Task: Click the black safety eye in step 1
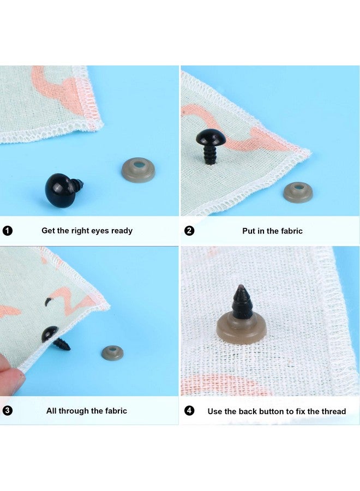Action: pyautogui.click(x=63, y=189)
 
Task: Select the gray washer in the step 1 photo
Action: pyautogui.click(x=139, y=170)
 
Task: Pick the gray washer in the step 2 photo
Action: pyautogui.click(x=298, y=192)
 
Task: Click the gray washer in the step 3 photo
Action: pyautogui.click(x=112, y=352)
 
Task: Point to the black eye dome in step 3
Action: pyautogui.click(x=50, y=334)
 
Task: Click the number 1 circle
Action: pyautogui.click(x=8, y=231)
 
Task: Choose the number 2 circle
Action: pyautogui.click(x=189, y=231)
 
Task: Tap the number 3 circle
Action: pyautogui.click(x=8, y=410)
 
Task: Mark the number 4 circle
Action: pyautogui.click(x=189, y=410)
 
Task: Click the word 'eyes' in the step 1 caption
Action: pyautogui.click(x=100, y=231)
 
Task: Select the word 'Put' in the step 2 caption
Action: pyautogui.click(x=249, y=231)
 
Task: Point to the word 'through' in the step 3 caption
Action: pyautogui.click(x=74, y=411)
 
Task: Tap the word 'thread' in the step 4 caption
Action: pyautogui.click(x=333, y=411)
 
